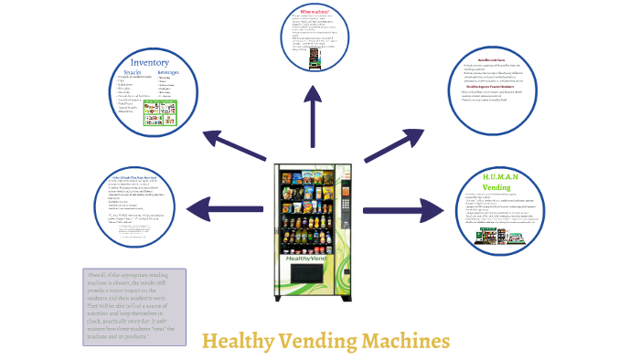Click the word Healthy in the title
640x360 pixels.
[237, 342]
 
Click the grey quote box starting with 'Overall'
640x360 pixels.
[134, 294]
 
